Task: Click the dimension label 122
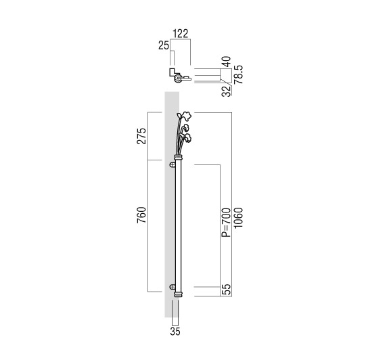[x=181, y=34]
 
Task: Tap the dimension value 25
[x=164, y=45]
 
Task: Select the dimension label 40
[x=227, y=62]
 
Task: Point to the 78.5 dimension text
[x=238, y=74]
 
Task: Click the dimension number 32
[x=227, y=91]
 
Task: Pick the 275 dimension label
[x=141, y=136]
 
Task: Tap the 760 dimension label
[x=141, y=215]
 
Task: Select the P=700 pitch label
[x=227, y=223]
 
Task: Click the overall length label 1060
[x=238, y=217]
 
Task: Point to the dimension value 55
[x=227, y=290]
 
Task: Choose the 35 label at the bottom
[x=175, y=332]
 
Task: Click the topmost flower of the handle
[x=185, y=116]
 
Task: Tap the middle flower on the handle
[x=185, y=127]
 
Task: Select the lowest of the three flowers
[x=187, y=138]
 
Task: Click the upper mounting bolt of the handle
[x=172, y=164]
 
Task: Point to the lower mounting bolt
[x=172, y=287]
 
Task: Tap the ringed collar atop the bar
[x=179, y=157]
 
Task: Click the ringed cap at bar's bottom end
[x=179, y=294]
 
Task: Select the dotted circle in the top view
[x=178, y=79]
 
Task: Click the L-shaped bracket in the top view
[x=172, y=73]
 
